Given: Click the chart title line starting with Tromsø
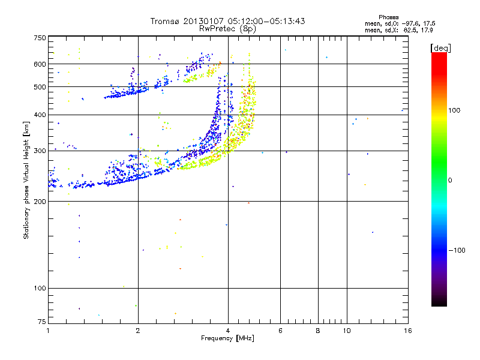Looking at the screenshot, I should [x=227, y=21].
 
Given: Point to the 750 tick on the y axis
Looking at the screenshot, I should [x=40, y=38].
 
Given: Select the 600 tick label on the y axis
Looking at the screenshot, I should [x=40, y=64].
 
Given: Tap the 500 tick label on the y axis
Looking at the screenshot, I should [x=40, y=87].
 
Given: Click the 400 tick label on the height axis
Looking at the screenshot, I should [x=40, y=115].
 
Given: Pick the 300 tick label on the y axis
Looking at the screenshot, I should [x=40, y=151].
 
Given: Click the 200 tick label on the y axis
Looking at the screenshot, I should [x=40, y=202].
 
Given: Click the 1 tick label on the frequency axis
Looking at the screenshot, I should [x=48, y=331].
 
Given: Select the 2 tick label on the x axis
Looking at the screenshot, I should [x=138, y=331].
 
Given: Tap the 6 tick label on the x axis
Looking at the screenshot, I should [x=280, y=331].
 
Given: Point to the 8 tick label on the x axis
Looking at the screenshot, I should [x=318, y=331].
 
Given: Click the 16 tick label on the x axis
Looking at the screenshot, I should [x=407, y=331].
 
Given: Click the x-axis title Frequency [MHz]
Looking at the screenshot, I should [x=227, y=339].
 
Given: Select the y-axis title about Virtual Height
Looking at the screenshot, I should [x=26, y=180].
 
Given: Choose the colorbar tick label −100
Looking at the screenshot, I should [x=456, y=250].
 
